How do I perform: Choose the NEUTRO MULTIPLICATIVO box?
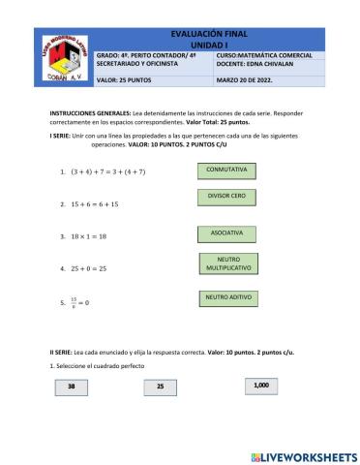(x=227, y=263)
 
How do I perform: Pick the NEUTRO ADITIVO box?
(x=227, y=297)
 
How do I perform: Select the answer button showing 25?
(x=161, y=387)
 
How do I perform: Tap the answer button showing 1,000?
(x=260, y=386)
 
